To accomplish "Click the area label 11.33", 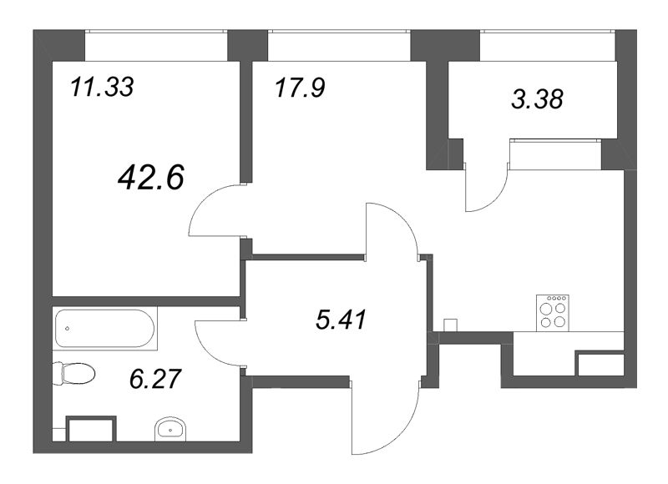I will point(102,87).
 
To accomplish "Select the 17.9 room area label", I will point(298,88).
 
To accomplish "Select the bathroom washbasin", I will point(171,430).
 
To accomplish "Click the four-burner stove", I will point(554,311).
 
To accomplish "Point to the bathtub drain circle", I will point(66,328).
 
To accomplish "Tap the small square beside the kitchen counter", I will point(450,324).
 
